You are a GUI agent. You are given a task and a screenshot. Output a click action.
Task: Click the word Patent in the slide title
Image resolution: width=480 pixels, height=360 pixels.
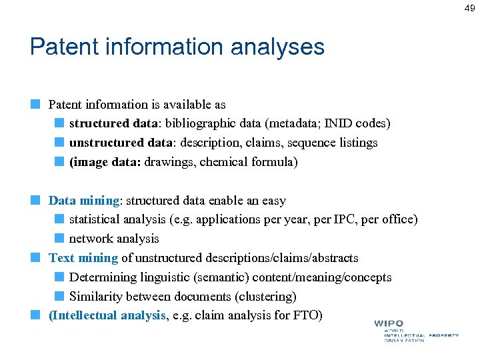pyautogui.click(x=62, y=47)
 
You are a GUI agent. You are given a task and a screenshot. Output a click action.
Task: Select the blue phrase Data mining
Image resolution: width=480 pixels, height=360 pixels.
pyautogui.click(x=83, y=201)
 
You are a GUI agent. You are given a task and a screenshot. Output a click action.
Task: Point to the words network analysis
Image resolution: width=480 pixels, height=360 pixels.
pyautogui.click(x=114, y=239)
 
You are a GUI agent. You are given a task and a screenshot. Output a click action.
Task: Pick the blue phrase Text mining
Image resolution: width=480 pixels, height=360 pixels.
pyautogui.click(x=83, y=258)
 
